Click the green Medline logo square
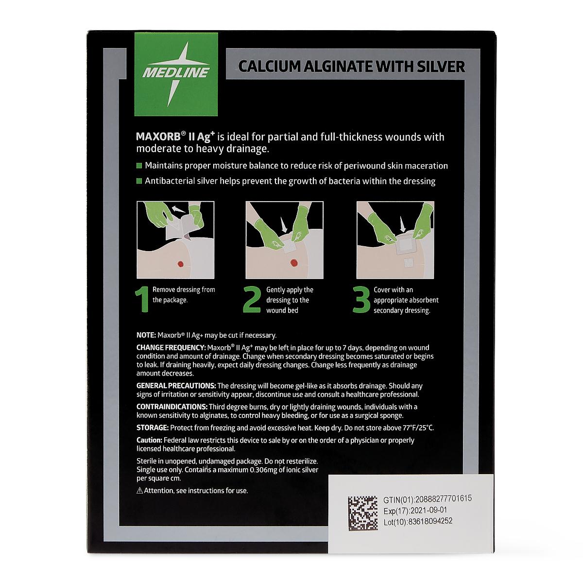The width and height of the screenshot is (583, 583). coord(176,74)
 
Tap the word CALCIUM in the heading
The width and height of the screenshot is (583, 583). coord(270,67)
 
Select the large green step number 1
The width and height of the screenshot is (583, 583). coord(142,299)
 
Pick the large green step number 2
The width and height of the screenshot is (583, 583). coord(252,299)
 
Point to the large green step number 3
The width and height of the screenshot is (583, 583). coord(361,299)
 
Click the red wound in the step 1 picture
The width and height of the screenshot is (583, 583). coord(180,264)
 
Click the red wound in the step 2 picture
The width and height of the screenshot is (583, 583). coord(294,262)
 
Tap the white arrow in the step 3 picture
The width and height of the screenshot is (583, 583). coord(402,224)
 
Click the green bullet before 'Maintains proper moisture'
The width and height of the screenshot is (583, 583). coord(139,166)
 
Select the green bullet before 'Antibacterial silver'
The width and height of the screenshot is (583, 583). coord(139,181)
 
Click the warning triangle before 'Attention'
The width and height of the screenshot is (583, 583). coord(140,491)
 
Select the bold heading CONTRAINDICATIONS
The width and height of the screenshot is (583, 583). coord(172,407)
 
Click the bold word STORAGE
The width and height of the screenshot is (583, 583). coord(153,428)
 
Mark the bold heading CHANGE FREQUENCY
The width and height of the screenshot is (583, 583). coord(171,348)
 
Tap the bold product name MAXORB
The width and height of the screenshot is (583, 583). coord(158,137)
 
